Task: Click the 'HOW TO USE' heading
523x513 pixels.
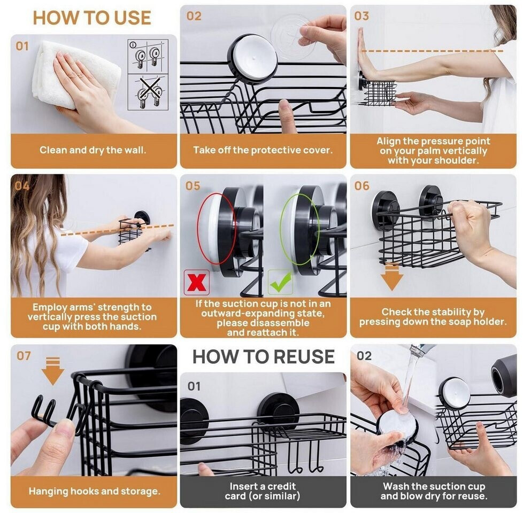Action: coord(92,18)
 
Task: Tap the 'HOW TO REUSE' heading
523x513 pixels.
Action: coord(264,356)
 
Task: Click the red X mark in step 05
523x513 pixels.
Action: coord(196,283)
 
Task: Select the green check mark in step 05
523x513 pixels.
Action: coord(281,283)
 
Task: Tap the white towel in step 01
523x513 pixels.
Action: coord(76,74)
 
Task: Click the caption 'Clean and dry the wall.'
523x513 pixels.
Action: coord(93,150)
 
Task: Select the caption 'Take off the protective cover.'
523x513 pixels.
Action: coord(263,150)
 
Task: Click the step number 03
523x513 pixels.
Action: coord(362,15)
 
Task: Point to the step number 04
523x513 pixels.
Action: coord(22,185)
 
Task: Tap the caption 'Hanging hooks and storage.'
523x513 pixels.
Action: coord(95,491)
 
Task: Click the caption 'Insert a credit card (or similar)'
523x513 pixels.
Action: coord(263,491)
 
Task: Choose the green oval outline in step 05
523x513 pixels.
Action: coord(281,230)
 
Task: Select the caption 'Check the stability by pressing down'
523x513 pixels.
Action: coord(433,317)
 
